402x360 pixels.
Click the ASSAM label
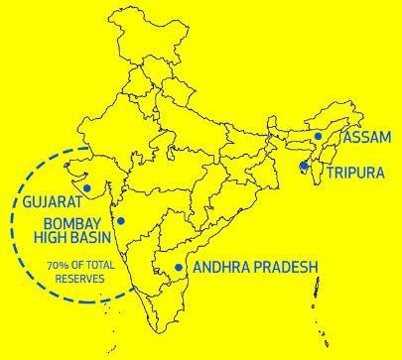click(x=366, y=137)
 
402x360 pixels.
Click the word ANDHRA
click(x=222, y=268)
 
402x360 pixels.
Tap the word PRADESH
click(x=286, y=268)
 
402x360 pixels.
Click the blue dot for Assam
click(x=318, y=137)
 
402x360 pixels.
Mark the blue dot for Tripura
click(x=303, y=166)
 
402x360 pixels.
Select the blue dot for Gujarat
click(x=87, y=187)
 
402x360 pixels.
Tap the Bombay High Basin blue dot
click(x=121, y=220)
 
